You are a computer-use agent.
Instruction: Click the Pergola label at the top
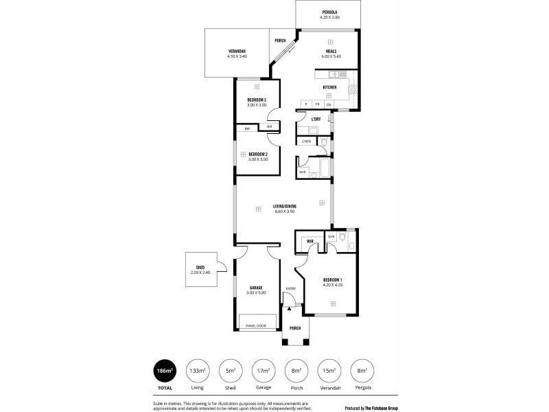pyautogui.click(x=330, y=12)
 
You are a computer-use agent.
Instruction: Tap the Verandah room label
pyautogui.click(x=237, y=53)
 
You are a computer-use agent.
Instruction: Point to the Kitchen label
pyautogui.click(x=329, y=88)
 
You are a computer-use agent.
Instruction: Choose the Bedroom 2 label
pyautogui.click(x=257, y=154)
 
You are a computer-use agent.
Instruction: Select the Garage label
pyautogui.click(x=256, y=288)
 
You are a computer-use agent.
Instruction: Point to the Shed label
pyautogui.click(x=200, y=268)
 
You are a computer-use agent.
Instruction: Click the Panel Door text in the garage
pyautogui.click(x=256, y=325)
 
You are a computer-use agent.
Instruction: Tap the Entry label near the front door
pyautogui.click(x=291, y=288)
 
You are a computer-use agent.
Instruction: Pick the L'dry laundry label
pyautogui.click(x=316, y=119)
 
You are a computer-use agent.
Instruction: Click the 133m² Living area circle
pyautogui.click(x=198, y=371)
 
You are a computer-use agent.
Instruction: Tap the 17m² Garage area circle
pyautogui.click(x=264, y=371)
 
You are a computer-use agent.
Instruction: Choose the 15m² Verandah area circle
pyautogui.click(x=329, y=371)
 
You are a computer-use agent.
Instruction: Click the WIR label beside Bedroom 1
pyautogui.click(x=310, y=242)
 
